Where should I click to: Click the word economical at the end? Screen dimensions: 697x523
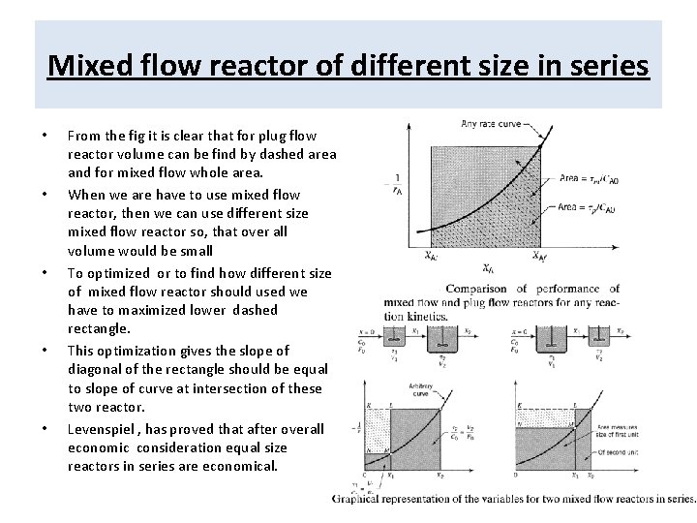tap(243, 466)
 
